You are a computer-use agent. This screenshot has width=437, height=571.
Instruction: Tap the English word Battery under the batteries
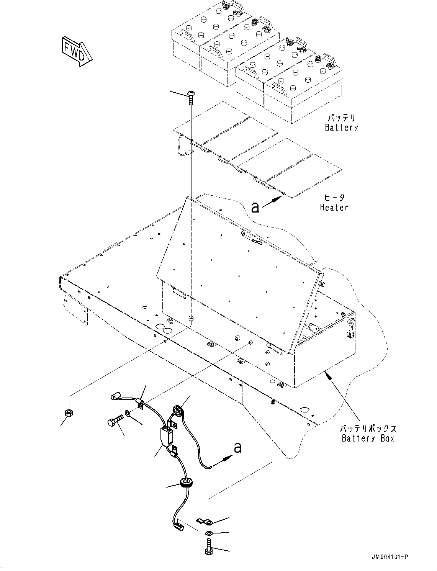[x=341, y=128]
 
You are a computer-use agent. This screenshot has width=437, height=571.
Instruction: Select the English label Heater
[x=334, y=208]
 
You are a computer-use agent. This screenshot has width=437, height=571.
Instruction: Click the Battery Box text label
[x=368, y=438]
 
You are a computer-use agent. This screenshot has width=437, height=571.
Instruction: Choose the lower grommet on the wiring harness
[x=185, y=483]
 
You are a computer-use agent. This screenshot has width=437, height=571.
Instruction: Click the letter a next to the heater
[x=255, y=207]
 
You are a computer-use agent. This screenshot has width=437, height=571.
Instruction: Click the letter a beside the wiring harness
[x=238, y=447]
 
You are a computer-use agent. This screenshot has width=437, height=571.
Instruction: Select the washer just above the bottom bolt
[x=209, y=534]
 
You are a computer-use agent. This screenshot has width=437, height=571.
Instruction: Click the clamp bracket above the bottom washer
[x=205, y=521]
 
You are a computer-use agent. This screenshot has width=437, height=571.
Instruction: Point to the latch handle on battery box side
[x=350, y=329]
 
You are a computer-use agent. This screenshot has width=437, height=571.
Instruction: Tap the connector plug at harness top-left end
[x=116, y=395]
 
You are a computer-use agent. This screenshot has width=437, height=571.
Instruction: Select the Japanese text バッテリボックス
[x=368, y=429]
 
